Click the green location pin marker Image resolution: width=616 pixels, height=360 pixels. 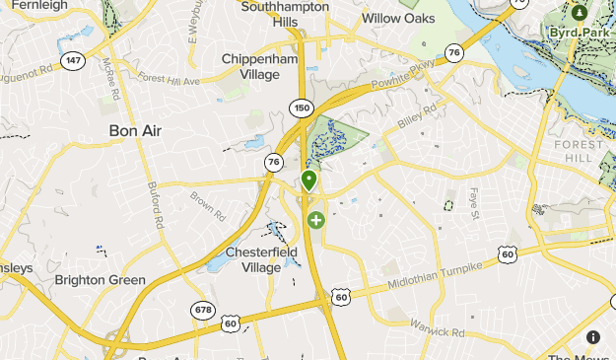(309, 180)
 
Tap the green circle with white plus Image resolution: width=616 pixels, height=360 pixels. (315, 220)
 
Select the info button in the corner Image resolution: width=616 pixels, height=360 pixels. (593, 337)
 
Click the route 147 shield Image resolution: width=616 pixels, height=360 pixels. (73, 61)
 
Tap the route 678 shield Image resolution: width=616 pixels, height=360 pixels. (202, 310)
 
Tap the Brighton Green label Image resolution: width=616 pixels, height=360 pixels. (101, 280)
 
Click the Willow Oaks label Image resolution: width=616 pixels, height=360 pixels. (398, 18)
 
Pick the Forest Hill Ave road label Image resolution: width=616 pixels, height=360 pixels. (171, 78)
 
